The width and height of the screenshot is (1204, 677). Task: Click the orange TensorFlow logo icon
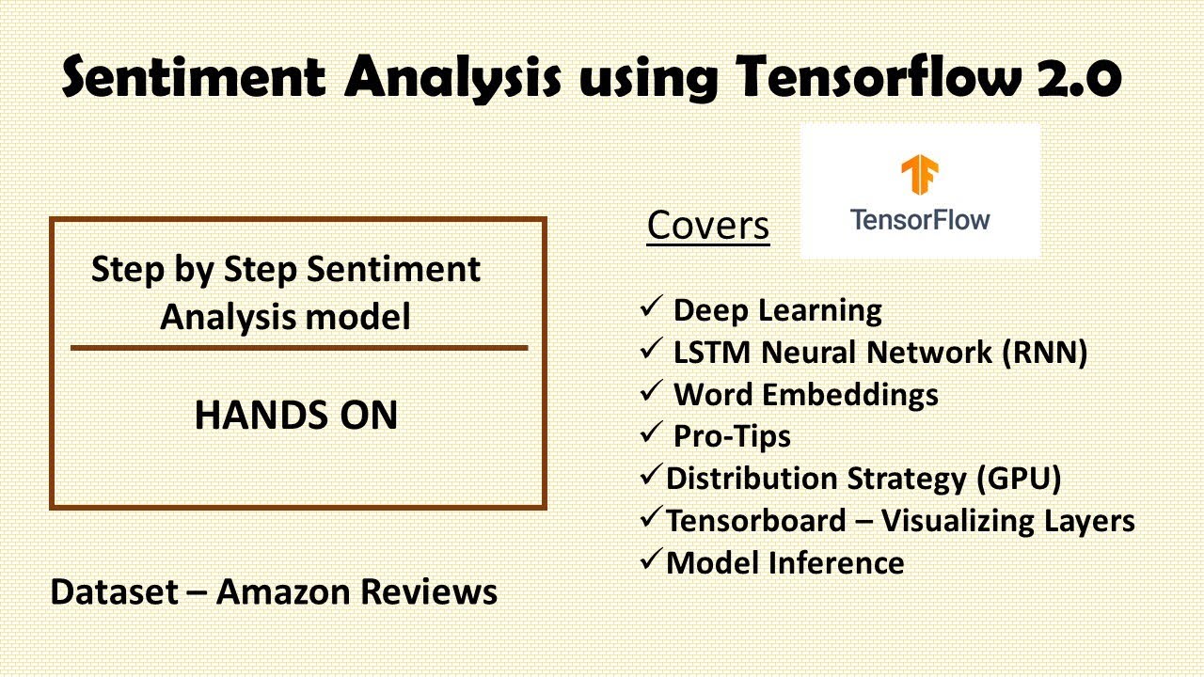click(919, 177)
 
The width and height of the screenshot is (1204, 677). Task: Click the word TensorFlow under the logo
click(919, 220)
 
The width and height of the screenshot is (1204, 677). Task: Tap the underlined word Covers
click(707, 226)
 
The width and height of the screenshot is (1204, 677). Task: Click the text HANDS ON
click(295, 416)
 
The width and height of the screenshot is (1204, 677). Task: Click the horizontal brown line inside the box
click(298, 348)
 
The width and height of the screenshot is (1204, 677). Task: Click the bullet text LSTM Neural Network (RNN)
click(879, 352)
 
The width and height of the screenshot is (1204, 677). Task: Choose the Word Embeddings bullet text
click(805, 394)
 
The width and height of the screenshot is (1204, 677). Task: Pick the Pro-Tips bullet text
click(731, 436)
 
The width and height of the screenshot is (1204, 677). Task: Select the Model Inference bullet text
click(784, 562)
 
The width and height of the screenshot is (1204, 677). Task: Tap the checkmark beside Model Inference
click(651, 560)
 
